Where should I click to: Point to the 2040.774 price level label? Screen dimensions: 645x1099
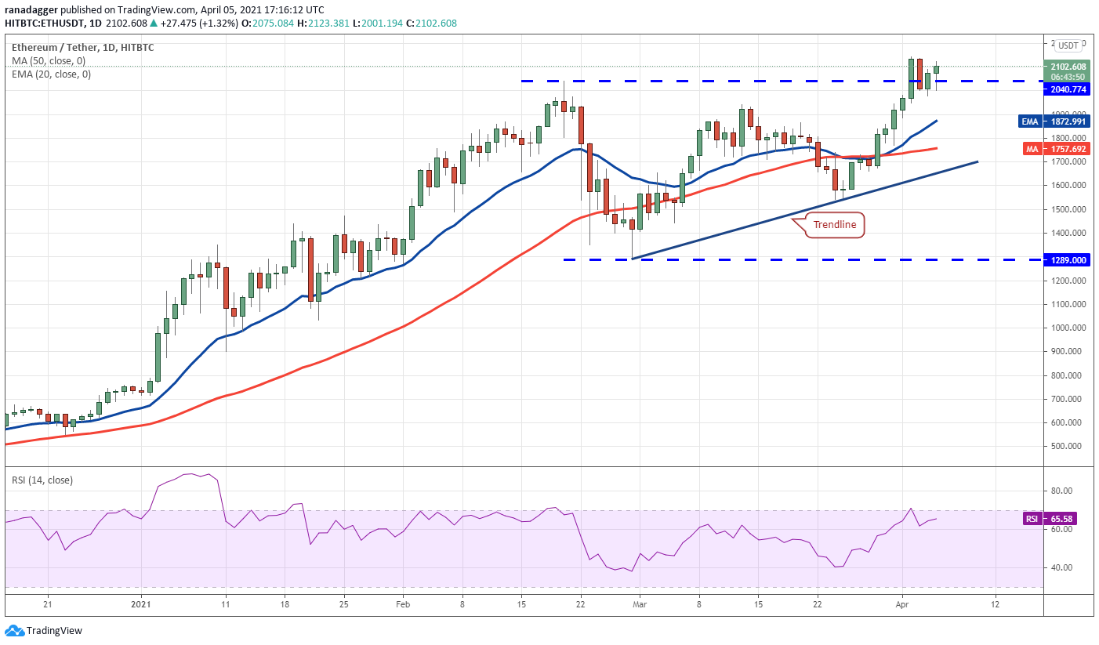pos(1068,89)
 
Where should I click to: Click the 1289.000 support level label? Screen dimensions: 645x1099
pos(1068,259)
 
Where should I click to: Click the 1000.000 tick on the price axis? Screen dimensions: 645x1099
pos(1068,328)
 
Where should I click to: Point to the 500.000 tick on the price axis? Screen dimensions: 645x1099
pos(1068,446)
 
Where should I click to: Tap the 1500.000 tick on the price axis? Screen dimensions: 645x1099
pos(1068,209)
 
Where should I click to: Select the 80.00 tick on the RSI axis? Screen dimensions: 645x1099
pos(1061,491)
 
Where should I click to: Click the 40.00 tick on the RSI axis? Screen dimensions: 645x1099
pos(1061,567)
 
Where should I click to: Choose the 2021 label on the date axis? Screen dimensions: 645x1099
pos(140,604)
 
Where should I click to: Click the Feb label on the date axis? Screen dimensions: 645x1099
pos(402,604)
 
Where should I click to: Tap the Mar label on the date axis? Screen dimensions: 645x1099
pos(639,604)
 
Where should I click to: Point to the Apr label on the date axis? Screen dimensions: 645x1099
pos(901,604)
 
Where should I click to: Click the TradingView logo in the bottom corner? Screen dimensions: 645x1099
pos(44,630)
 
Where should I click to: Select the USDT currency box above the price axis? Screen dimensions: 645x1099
pos(1068,45)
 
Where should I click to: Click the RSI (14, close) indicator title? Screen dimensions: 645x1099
pos(42,480)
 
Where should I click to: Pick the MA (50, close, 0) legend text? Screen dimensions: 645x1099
pos(49,61)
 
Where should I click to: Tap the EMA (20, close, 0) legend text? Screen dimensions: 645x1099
pos(51,74)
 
